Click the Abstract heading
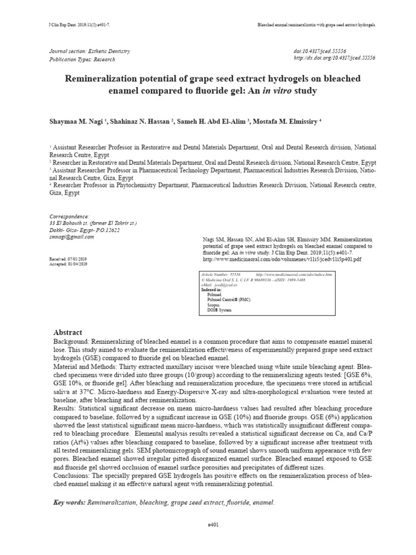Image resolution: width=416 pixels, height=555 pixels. (68, 332)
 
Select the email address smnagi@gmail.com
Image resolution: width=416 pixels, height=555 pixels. (71, 237)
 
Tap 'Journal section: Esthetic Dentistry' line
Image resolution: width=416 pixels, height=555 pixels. (90, 51)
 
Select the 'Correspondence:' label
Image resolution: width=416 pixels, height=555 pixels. (69, 216)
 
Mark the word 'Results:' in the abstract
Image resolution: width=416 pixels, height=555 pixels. (65, 407)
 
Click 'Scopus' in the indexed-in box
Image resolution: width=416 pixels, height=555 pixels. (214, 305)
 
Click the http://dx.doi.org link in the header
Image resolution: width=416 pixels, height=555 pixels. (334, 57)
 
